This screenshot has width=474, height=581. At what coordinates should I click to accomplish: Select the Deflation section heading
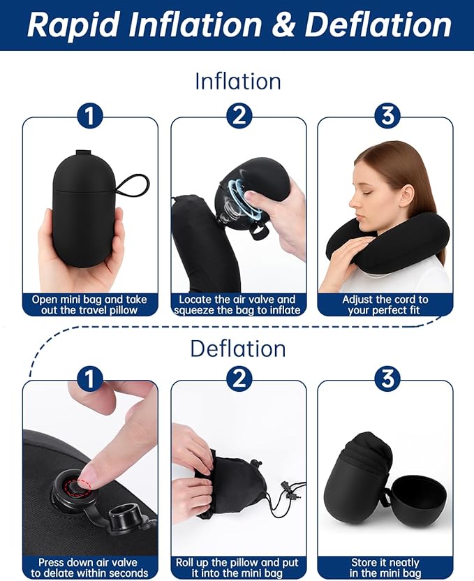pos(237,348)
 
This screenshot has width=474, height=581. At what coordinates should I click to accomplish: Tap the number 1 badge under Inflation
pos(89,115)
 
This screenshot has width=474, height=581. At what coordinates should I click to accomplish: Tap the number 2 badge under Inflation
pos(238,115)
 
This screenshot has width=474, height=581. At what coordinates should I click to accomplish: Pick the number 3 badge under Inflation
pos(387,115)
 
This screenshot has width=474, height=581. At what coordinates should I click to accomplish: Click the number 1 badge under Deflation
pos(89,379)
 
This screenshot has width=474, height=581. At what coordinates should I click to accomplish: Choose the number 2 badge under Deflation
pos(238,379)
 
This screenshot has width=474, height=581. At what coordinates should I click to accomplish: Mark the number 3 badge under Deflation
pos(387,379)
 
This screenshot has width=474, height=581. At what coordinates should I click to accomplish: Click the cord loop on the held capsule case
pos(132,185)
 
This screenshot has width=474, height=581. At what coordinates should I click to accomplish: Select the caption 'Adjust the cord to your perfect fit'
pos(385,304)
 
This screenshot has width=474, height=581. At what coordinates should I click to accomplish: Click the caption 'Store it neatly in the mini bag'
pos(385,567)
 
